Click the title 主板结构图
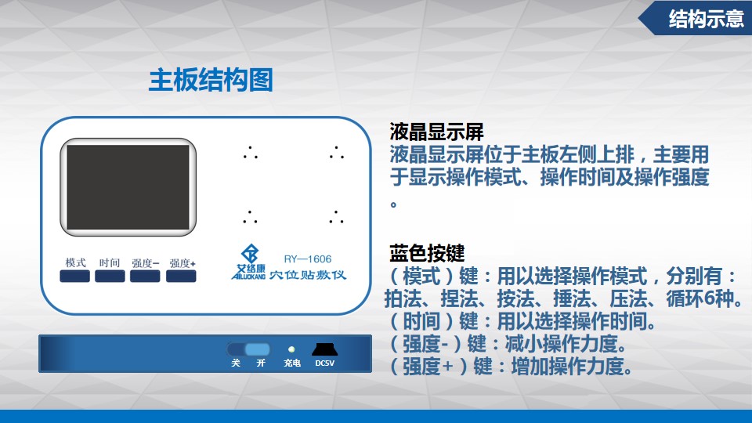[211, 80]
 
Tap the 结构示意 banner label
[706, 19]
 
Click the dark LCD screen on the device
[128, 187]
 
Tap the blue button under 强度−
[145, 277]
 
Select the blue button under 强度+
[181, 277]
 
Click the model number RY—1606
[307, 259]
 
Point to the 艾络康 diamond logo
[250, 254]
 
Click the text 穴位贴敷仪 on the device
[307, 275]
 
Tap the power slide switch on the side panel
[248, 349]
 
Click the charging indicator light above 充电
[291, 349]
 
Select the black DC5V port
[324, 349]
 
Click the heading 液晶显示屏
[436, 132]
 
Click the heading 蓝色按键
[427, 253]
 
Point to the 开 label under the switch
[261, 363]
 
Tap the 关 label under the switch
[236, 363]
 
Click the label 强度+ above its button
[183, 263]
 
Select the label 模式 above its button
[75, 262]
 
